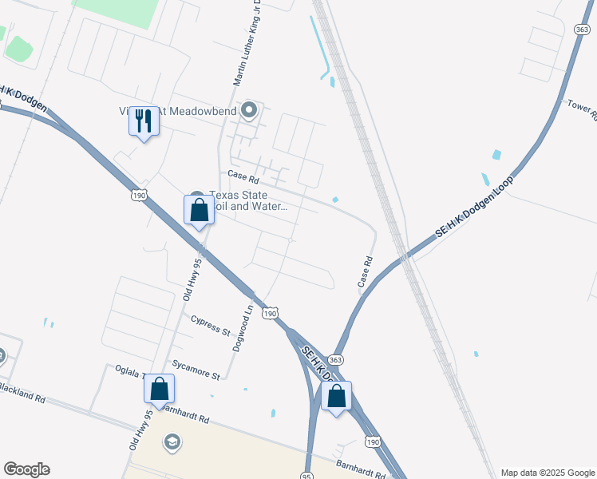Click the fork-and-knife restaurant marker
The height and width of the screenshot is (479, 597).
pos(144,122)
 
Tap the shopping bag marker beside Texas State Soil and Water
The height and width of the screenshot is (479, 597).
pos(200,211)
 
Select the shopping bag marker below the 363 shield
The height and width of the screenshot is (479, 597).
pos(336,396)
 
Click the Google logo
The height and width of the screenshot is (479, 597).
pos(26,469)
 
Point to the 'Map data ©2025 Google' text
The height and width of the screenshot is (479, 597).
pos(547,473)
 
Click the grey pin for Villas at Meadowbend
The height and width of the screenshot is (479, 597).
pos(250,111)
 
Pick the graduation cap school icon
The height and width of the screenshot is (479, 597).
pos(172,441)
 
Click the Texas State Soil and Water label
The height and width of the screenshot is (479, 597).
pos(247,200)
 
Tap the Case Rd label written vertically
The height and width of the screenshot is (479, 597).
pos(366,272)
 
